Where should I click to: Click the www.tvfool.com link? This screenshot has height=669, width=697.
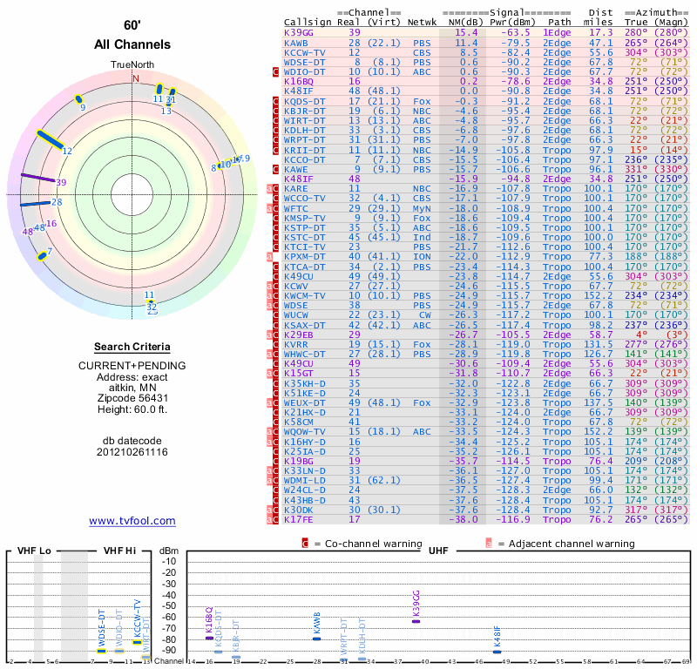point(132,521)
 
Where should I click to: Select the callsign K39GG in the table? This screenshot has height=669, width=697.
point(300,32)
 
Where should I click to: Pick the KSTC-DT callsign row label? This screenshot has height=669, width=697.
point(304,237)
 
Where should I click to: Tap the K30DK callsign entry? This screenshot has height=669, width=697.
point(300,510)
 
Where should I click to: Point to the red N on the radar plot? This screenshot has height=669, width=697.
point(135,78)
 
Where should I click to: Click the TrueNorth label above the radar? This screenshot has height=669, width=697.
point(132,65)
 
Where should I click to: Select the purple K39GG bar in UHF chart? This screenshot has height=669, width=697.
point(416,619)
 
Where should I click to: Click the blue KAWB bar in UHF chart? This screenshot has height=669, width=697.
point(317,639)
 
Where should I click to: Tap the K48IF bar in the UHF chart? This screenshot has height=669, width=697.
point(497,650)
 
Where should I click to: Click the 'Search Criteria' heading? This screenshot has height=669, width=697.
point(132,346)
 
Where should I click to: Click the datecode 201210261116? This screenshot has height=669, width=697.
point(132,452)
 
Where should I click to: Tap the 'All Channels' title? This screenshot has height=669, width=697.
point(132,44)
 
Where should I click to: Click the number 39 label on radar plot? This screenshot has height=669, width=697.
point(61,182)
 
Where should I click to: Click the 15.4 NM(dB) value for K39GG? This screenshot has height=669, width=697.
point(466,32)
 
